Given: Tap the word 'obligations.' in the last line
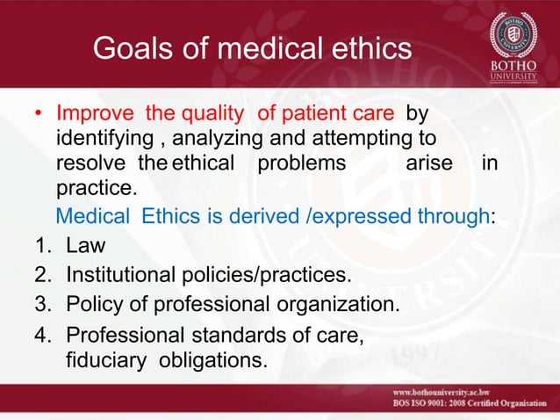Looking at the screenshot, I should click(x=205, y=359).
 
